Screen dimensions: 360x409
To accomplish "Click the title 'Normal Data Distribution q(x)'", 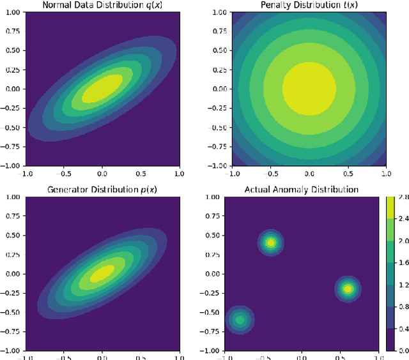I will [102, 5].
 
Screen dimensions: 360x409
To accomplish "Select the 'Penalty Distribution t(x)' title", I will [309, 5].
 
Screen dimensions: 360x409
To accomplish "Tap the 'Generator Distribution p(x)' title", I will [102, 190].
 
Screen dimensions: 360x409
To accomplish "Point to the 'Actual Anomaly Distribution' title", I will [301, 190].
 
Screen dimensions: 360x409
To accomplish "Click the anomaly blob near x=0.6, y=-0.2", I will [347, 289].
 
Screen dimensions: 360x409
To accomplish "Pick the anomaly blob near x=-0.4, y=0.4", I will [270, 243].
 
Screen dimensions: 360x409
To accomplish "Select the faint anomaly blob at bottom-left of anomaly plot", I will [240, 319].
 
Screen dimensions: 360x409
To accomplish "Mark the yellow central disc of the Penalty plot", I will [309, 88].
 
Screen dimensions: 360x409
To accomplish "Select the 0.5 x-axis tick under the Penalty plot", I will [347, 172].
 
